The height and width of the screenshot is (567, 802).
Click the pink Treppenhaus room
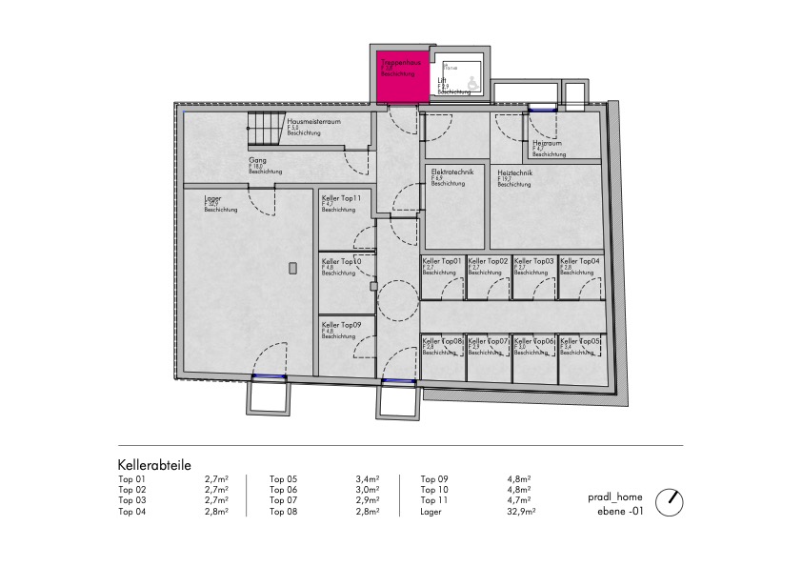click(401, 76)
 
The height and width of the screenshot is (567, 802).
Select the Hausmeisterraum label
click(314, 123)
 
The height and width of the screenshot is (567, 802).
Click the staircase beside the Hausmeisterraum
click(268, 128)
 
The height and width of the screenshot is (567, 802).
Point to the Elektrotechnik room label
click(451, 172)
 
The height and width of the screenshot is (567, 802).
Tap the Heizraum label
click(547, 143)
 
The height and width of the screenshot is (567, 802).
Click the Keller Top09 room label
click(341, 325)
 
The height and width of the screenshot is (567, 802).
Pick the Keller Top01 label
click(442, 261)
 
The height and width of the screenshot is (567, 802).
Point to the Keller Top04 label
click(580, 261)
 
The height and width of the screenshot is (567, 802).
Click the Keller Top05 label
click(580, 341)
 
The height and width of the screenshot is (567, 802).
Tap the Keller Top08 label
click(442, 341)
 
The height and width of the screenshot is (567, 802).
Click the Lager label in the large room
click(212, 198)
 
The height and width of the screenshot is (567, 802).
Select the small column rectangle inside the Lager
click(294, 267)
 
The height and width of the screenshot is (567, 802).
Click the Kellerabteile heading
click(154, 465)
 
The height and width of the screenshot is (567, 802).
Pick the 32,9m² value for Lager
click(521, 512)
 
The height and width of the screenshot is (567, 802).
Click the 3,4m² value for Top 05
click(367, 479)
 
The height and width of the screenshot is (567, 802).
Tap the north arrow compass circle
click(672, 499)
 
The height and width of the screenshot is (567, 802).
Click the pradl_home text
click(615, 496)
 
